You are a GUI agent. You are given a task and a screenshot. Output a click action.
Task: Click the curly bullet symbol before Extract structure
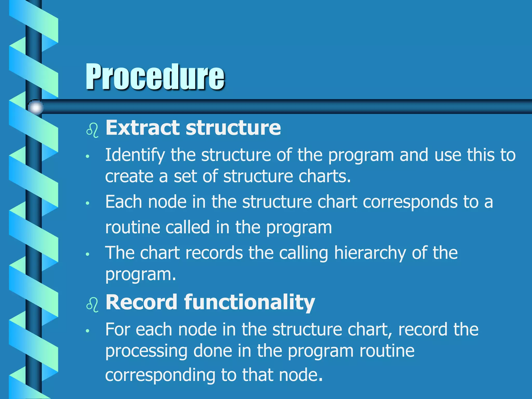(92, 130)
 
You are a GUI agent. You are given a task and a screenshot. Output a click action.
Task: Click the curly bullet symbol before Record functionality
(92, 305)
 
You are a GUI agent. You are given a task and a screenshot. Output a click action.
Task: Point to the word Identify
(135, 155)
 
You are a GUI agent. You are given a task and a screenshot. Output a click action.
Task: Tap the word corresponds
(410, 202)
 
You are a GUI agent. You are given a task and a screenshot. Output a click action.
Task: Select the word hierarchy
(370, 253)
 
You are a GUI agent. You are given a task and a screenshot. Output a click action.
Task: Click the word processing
(146, 351)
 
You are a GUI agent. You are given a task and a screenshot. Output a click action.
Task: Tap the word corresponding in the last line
(160, 375)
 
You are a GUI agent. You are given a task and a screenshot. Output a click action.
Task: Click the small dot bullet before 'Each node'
(88, 203)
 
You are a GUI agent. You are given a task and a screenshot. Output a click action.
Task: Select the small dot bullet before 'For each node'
(88, 331)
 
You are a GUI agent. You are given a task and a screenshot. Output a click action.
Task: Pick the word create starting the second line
(129, 176)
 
